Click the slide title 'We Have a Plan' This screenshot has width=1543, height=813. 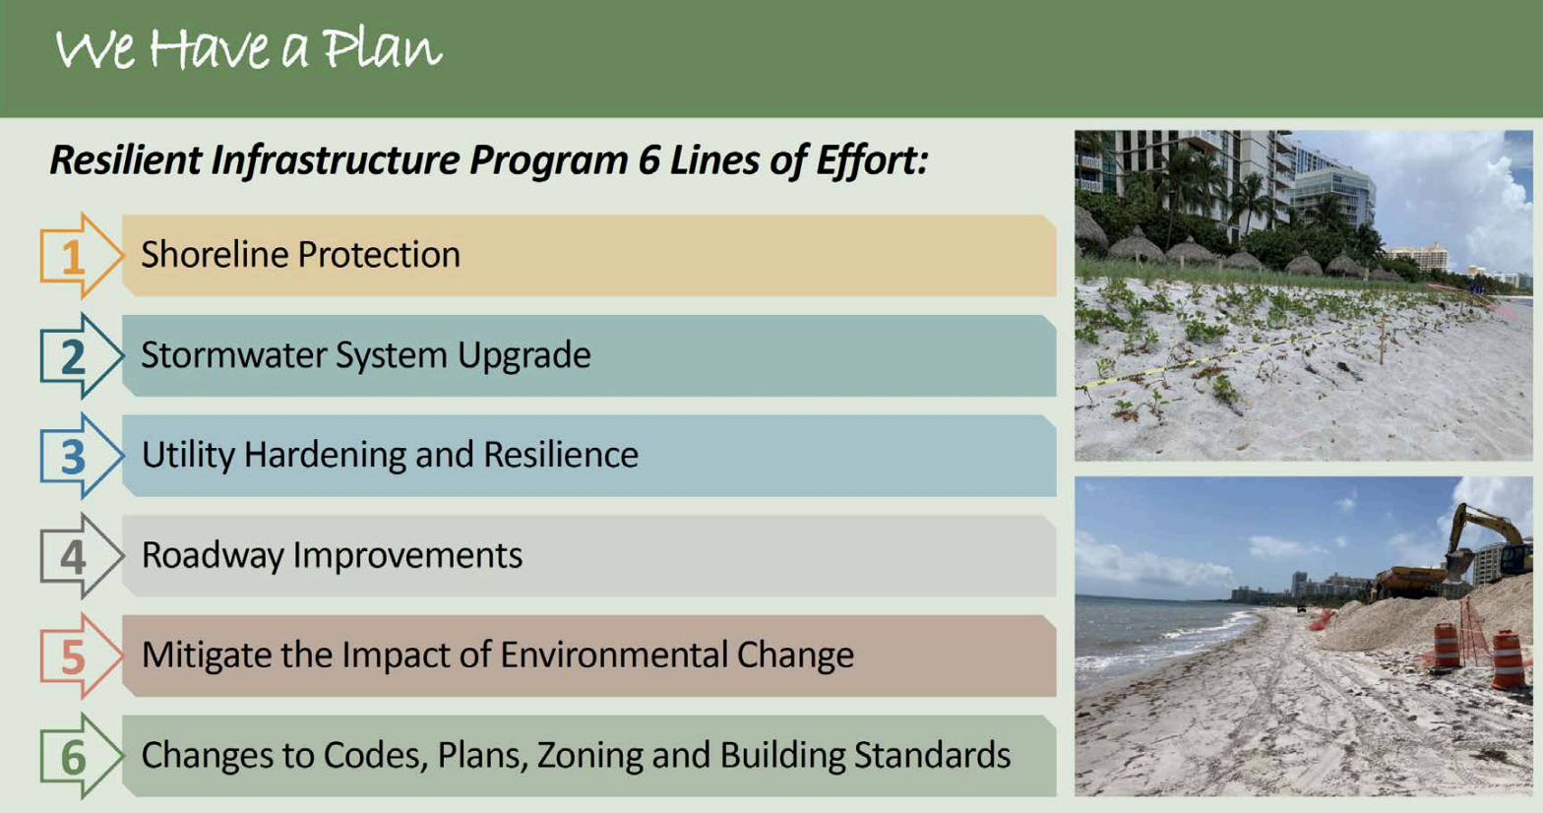click(x=248, y=49)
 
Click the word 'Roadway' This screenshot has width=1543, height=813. click(x=213, y=556)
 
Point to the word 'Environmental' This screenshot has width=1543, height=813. click(x=614, y=655)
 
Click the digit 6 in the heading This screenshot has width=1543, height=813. click(x=649, y=159)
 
